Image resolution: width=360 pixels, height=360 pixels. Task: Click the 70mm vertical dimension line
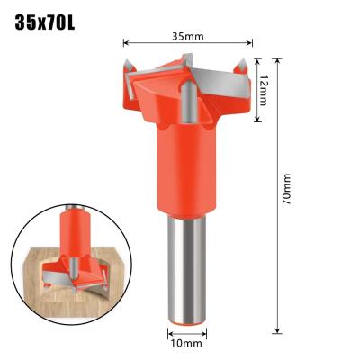click(276, 252)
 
